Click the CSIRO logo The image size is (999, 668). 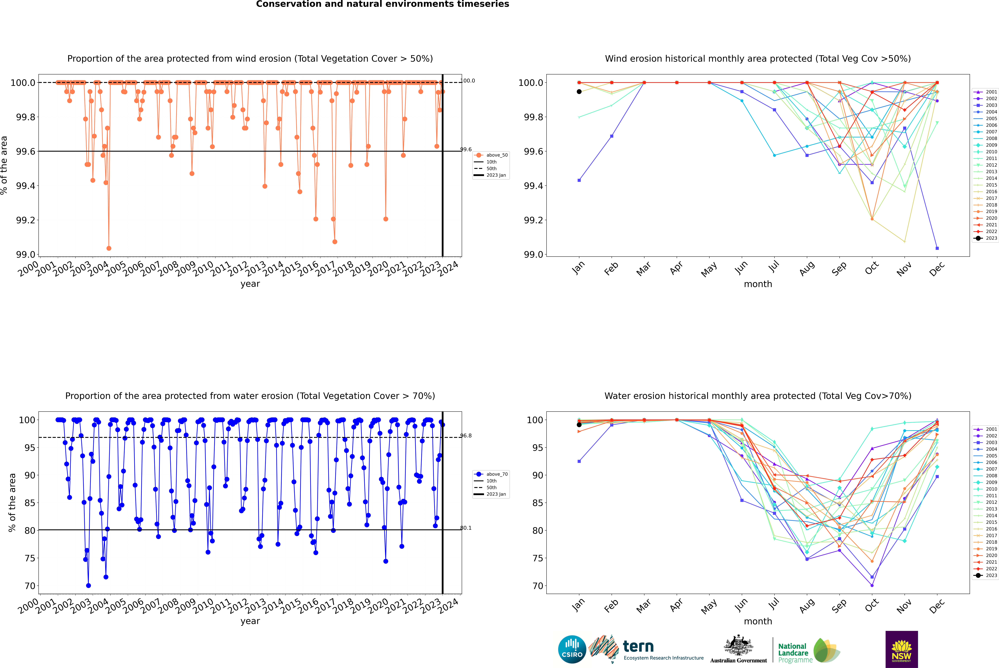(572, 649)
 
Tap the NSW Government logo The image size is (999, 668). (901, 649)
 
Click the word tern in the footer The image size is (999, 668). (638, 647)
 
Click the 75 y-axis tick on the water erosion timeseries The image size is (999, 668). (30, 558)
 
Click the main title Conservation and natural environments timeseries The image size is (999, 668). (382, 4)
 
